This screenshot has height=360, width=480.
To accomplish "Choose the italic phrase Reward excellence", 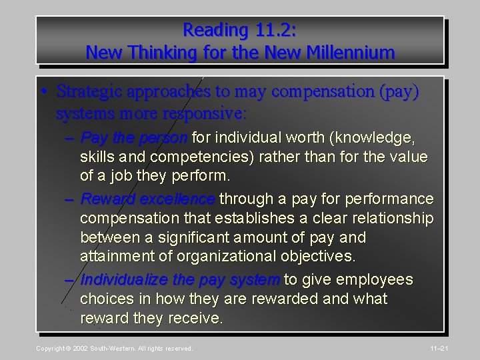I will (148, 199).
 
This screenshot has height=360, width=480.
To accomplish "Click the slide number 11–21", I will (457, 349).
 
